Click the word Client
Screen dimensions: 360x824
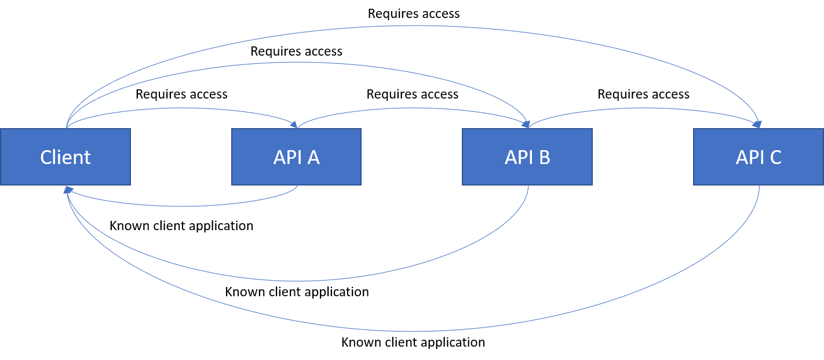[x=65, y=158]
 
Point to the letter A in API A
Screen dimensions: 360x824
[x=313, y=158]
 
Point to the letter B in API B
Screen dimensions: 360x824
[x=544, y=158]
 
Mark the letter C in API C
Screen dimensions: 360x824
[x=775, y=158]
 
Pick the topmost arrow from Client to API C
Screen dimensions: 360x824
[x=417, y=26]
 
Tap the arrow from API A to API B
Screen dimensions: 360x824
[x=411, y=108]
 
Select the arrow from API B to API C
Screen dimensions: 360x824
[x=643, y=108]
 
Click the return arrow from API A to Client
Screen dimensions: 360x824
[x=185, y=206]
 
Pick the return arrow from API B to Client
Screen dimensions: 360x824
[x=296, y=281]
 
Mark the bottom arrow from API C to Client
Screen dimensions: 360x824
[x=411, y=331]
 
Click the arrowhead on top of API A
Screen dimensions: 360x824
[x=294, y=125]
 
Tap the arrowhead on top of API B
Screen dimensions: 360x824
[x=526, y=124]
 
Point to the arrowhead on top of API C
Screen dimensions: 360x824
[x=757, y=124]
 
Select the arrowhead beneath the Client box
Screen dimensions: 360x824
[x=68, y=190]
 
